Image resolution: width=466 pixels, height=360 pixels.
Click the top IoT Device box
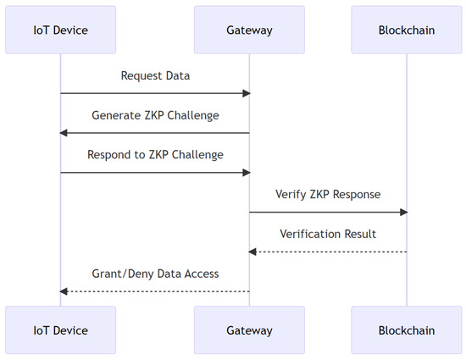(61, 30)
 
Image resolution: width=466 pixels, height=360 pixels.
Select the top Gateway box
(249, 30)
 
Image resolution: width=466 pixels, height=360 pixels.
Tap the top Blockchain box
(407, 30)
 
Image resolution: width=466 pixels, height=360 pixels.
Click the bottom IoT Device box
(61, 330)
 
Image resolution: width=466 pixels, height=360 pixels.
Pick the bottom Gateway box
(249, 330)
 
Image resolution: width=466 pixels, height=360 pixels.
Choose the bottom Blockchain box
(407, 330)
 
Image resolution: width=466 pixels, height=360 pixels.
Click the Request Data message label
(155, 76)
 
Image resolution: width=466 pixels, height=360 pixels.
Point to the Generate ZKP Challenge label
(155, 115)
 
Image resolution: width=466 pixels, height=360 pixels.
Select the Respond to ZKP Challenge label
(155, 155)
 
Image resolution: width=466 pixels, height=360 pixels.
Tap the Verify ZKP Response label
(328, 195)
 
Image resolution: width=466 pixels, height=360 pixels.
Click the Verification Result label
(328, 234)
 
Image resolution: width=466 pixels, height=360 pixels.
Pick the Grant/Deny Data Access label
(155, 274)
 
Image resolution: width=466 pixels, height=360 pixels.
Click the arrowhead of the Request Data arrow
(247, 93)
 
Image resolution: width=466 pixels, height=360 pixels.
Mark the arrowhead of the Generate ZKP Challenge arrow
(64, 133)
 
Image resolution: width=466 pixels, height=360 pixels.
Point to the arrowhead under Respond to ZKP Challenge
(247, 173)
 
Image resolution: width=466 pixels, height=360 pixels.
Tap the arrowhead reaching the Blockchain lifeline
(403, 212)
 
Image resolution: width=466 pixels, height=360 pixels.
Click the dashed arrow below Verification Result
(328, 252)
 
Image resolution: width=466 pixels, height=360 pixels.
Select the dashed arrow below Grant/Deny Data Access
(154, 291)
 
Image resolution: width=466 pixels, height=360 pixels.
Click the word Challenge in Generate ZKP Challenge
(193, 116)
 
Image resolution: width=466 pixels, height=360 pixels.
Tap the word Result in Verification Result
(360, 234)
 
